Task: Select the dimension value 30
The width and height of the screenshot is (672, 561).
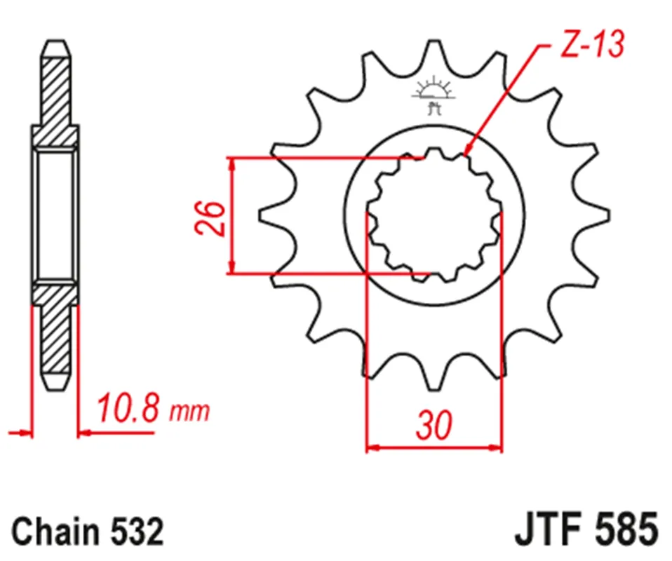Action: point(434,425)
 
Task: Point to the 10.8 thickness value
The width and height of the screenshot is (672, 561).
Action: point(131,408)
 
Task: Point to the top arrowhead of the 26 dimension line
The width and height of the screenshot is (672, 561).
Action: point(231,162)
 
